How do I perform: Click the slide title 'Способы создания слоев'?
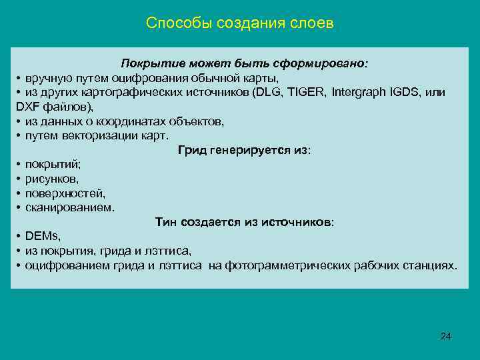tap(239, 24)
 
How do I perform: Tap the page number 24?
tap(446, 336)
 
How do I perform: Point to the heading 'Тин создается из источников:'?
tap(244, 221)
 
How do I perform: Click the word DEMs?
tap(43, 236)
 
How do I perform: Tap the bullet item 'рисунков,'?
tap(52, 179)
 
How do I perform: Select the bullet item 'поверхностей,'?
tap(65, 193)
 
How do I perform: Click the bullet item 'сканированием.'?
tap(70, 207)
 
